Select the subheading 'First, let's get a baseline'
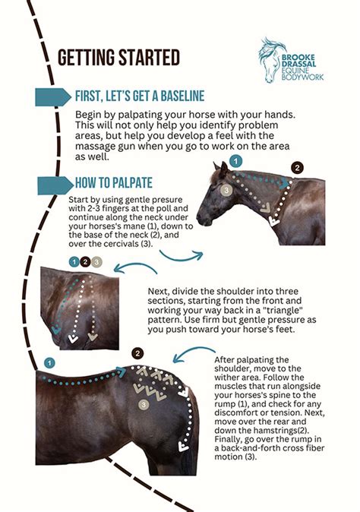[139, 96]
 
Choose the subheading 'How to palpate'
[115, 184]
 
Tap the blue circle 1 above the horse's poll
[236, 161]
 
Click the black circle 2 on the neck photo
[297, 167]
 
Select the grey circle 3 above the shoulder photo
[97, 262]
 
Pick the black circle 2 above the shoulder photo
[85, 262]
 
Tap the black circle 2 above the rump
[137, 353]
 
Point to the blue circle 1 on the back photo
[49, 363]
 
